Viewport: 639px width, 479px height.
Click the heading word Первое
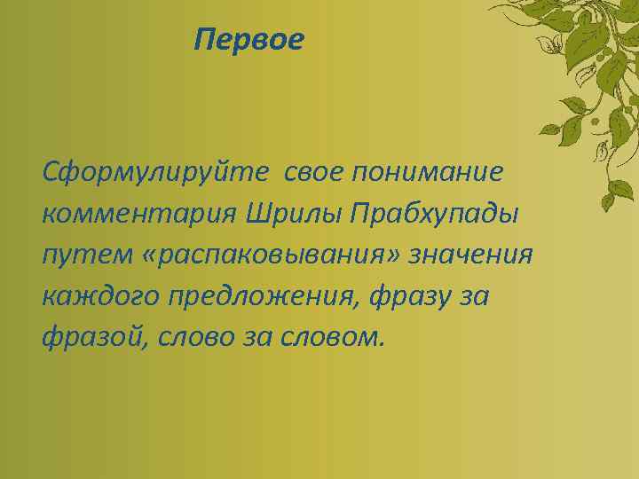tap(249, 40)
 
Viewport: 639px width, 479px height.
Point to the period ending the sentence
tap(383, 347)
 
